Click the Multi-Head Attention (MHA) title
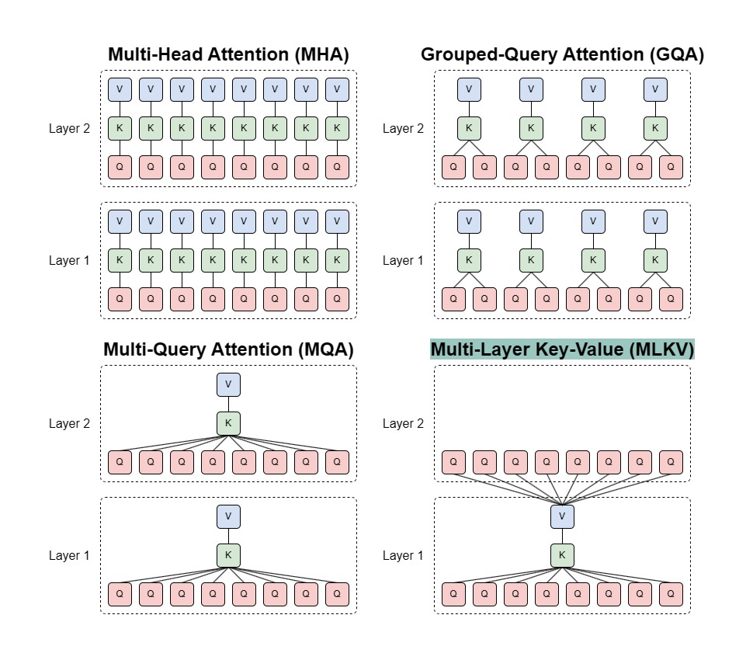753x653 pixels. click(x=228, y=55)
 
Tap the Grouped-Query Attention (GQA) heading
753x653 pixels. click(x=562, y=55)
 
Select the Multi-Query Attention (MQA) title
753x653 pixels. click(x=228, y=350)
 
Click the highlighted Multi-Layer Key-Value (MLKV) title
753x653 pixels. click(x=562, y=350)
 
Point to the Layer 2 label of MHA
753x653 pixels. click(x=69, y=129)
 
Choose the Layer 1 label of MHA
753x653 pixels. click(x=69, y=261)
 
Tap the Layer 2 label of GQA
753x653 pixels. click(x=403, y=129)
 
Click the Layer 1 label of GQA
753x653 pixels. click(x=403, y=261)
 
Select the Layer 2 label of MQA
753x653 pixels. click(x=69, y=424)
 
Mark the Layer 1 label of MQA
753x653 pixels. click(x=69, y=556)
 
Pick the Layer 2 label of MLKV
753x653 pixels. click(x=403, y=424)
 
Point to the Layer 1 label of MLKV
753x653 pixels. click(x=403, y=556)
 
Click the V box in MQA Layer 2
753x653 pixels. click(x=228, y=384)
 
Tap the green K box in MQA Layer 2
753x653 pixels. click(x=228, y=423)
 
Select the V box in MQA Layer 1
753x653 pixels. click(x=228, y=516)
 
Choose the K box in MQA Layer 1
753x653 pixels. click(x=228, y=555)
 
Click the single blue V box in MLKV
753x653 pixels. click(x=562, y=516)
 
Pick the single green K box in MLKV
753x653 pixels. click(x=562, y=555)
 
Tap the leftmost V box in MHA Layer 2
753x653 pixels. click(x=120, y=89)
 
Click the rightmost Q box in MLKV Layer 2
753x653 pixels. click(x=671, y=462)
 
